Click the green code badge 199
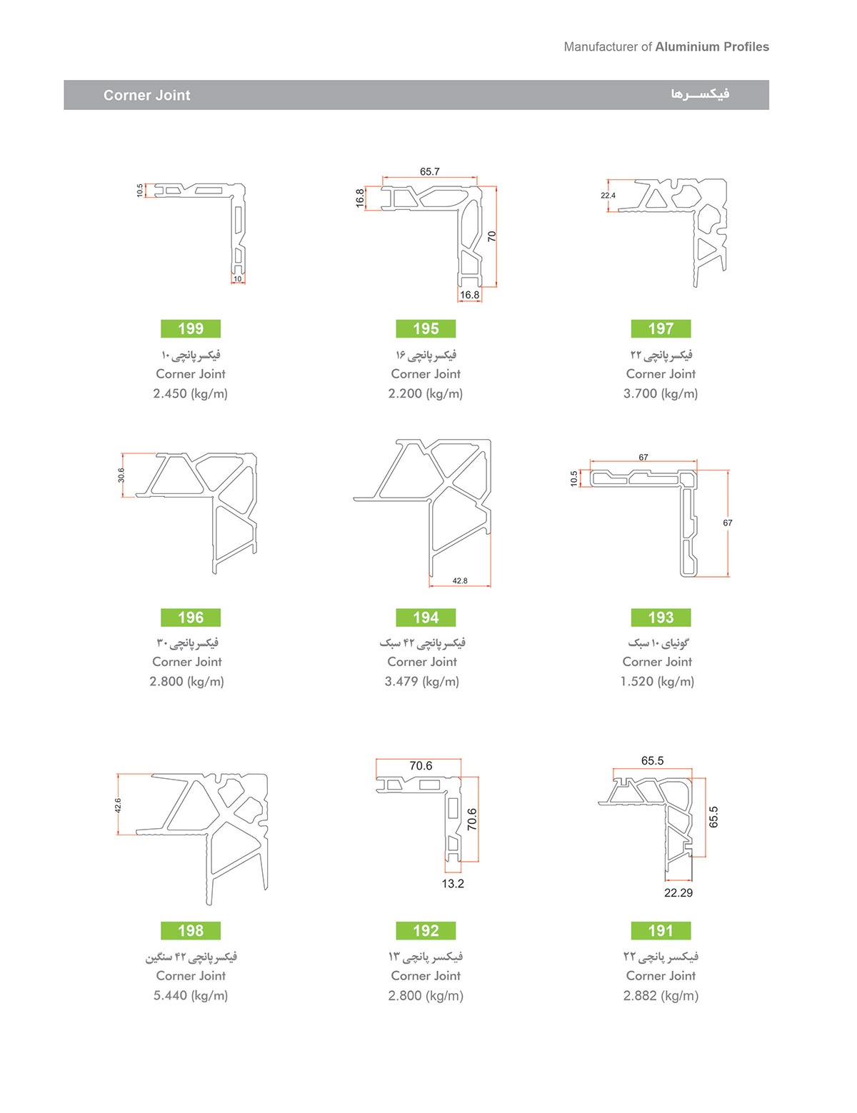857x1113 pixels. coord(191,328)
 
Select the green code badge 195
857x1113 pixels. coord(426,328)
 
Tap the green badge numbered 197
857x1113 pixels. coord(661,328)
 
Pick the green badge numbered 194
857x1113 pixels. coord(426,618)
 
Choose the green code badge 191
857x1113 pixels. coord(661,930)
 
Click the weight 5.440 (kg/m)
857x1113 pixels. coord(191,995)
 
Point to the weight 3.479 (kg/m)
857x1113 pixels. coord(421,681)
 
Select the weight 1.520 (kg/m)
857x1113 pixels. coord(657,681)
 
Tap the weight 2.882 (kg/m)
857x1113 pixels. coord(661,995)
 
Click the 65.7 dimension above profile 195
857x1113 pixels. coord(430,171)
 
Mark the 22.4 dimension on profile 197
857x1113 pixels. coord(608,195)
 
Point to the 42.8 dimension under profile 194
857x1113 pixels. coord(460,580)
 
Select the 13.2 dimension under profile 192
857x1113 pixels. coord(453,883)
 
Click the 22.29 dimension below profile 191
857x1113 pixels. coord(678,893)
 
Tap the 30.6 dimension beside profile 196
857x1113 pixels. coord(121,475)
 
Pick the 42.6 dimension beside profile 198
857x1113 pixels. coord(118,805)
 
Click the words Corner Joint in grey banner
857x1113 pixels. coord(147,95)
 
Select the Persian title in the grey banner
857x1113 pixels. coord(701,94)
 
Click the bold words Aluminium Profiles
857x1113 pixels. coord(712,46)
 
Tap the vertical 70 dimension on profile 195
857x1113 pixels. coord(492,236)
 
